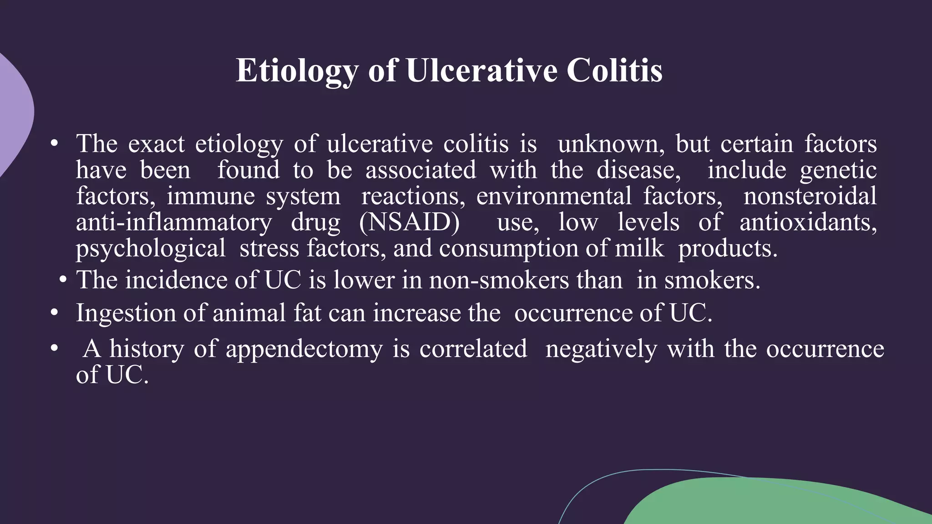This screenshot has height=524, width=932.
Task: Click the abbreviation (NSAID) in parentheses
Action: coord(409,222)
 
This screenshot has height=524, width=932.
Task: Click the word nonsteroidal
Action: coord(810,196)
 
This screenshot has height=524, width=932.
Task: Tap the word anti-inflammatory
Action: coord(173,222)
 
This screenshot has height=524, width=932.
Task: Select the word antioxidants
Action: coord(808,222)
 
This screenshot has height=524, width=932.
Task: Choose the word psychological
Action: coord(151,249)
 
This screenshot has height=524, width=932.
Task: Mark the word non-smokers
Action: coord(499,280)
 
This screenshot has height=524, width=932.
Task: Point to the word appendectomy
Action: coord(304,350)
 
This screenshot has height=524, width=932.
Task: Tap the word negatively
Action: coord(601,350)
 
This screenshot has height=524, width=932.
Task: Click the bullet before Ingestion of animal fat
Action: coord(55,313)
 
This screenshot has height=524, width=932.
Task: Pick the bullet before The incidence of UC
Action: coord(63,280)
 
